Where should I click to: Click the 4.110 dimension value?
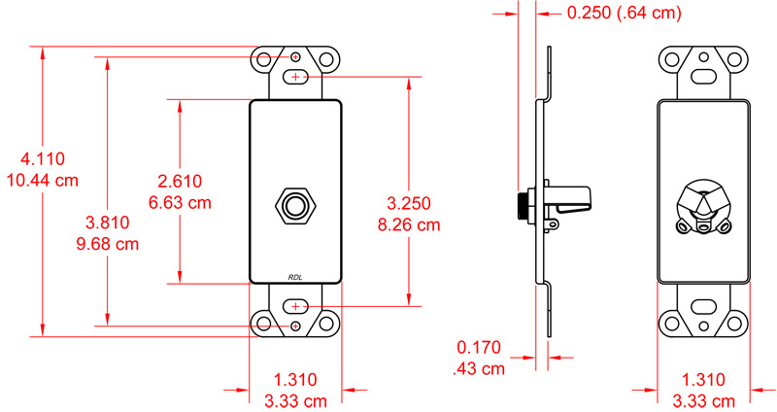[40, 158]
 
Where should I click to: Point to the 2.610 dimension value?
[180, 181]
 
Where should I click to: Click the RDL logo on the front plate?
[296, 277]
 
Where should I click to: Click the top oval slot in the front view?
[295, 76]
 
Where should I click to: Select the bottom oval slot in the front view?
[295, 307]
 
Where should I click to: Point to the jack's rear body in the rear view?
[703, 206]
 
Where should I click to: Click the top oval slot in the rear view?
[703, 76]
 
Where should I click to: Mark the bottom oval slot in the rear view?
[703, 307]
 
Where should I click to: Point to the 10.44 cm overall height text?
[42, 181]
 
